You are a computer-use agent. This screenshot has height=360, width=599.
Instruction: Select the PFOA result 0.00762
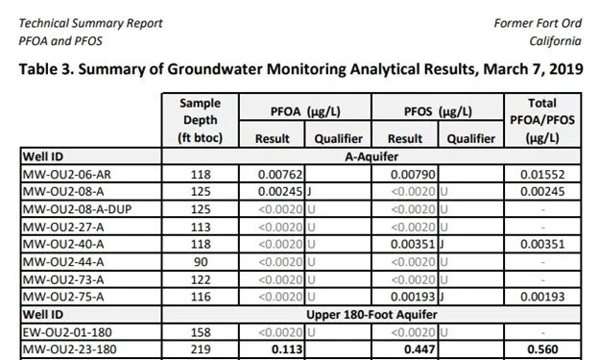(278, 174)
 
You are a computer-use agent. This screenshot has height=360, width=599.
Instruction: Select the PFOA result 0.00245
(278, 191)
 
